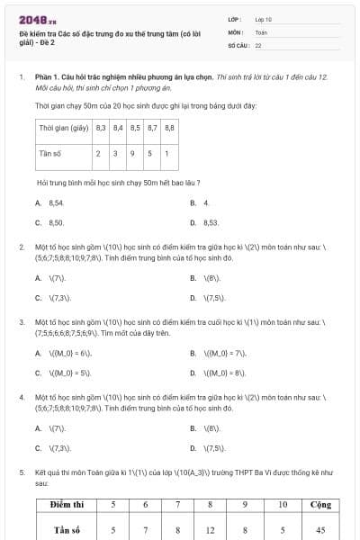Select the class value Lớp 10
pyautogui.click(x=264, y=18)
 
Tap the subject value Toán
pyautogui.click(x=261, y=31)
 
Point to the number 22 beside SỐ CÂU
pyautogui.click(x=258, y=44)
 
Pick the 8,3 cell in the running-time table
pyautogui.click(x=100, y=128)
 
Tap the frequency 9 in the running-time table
pyautogui.click(x=133, y=154)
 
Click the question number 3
pyautogui.click(x=22, y=320)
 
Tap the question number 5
pyautogui.click(x=22, y=471)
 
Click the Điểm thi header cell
pyautogui.click(x=67, y=508)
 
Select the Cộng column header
pyautogui.click(x=319, y=508)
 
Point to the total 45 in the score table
pyautogui.click(x=319, y=530)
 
